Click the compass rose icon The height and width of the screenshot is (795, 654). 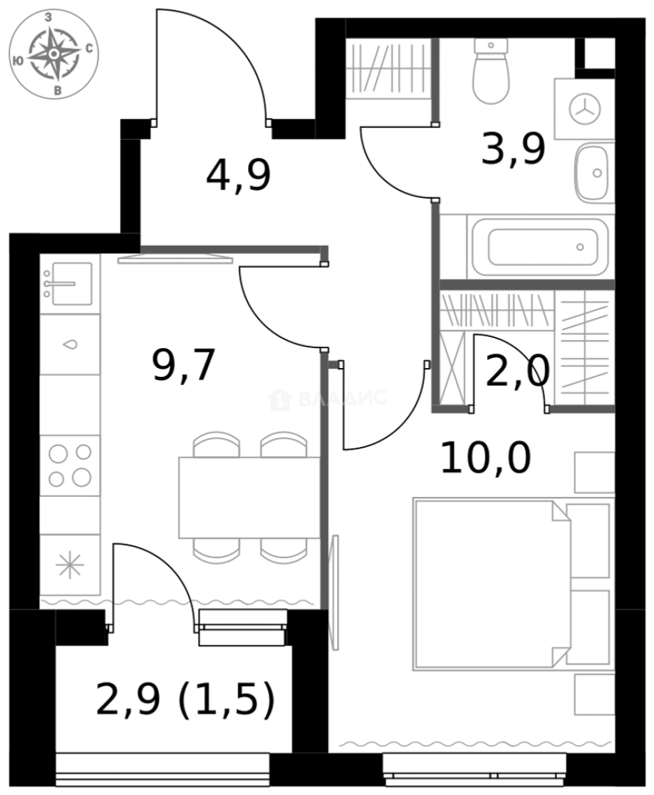(54, 54)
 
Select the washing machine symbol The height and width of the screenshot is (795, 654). (585, 109)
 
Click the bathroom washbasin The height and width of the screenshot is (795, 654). (592, 173)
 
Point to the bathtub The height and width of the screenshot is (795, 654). (541, 247)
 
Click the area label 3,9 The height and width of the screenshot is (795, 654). (513, 150)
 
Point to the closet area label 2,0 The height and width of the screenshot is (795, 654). (517, 371)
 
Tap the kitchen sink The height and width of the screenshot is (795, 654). (68, 283)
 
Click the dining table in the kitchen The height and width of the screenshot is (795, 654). (249, 497)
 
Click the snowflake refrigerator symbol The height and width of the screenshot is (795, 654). (70, 565)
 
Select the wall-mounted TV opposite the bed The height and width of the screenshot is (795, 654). (335, 593)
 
